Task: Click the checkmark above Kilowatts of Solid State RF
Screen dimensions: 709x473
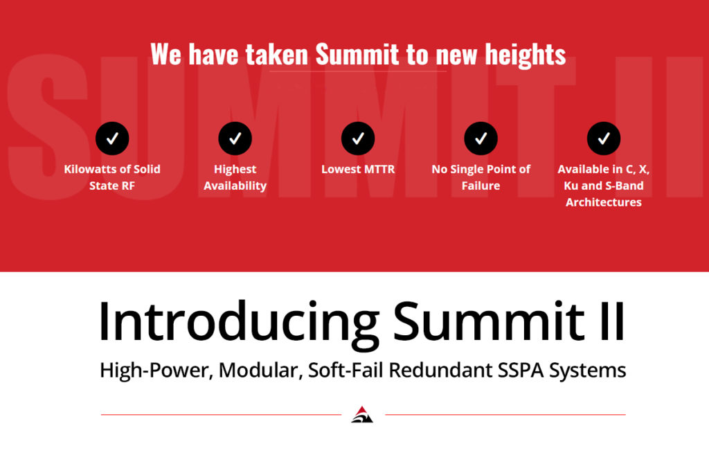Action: pyautogui.click(x=112, y=139)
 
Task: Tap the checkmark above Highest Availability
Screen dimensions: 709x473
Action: pyautogui.click(x=235, y=139)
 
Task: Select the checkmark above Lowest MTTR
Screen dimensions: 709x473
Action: pyautogui.click(x=358, y=139)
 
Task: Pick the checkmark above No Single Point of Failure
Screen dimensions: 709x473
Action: pyautogui.click(x=481, y=139)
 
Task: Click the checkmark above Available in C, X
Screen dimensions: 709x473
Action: pyautogui.click(x=604, y=139)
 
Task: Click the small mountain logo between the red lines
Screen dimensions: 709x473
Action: pyautogui.click(x=362, y=415)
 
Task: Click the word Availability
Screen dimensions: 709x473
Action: pyautogui.click(x=235, y=186)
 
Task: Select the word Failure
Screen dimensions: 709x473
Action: pyautogui.click(x=481, y=186)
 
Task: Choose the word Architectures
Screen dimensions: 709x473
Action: pyautogui.click(x=604, y=202)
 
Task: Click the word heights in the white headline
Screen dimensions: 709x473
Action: pyautogui.click(x=526, y=55)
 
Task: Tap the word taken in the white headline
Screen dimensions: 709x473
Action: pyautogui.click(x=277, y=54)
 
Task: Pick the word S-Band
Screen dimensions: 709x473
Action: pyautogui.click(x=625, y=186)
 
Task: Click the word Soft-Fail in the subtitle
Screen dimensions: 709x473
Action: pyautogui.click(x=345, y=371)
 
